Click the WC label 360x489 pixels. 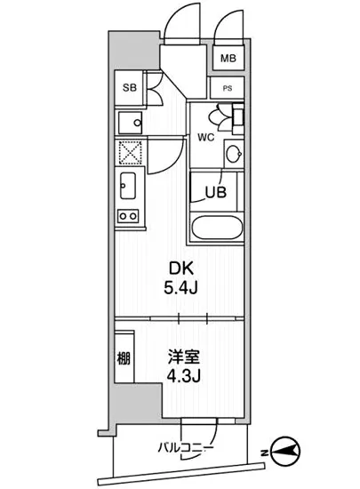pos(206,137)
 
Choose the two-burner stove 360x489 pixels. pos(127,214)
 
